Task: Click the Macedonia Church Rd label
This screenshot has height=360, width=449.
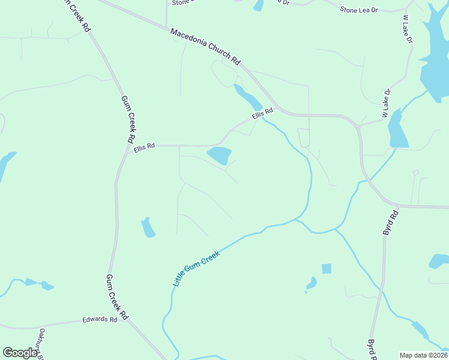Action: point(205,46)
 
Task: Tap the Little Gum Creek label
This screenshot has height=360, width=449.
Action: point(196,268)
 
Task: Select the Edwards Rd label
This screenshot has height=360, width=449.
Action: point(100,320)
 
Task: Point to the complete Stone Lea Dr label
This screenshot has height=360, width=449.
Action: point(359,10)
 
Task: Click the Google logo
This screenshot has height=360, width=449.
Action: point(20,353)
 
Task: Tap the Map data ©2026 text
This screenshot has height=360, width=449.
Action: point(423,355)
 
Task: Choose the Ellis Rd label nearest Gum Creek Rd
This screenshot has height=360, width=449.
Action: point(144,146)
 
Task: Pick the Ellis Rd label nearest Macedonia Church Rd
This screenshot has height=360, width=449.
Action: point(262,112)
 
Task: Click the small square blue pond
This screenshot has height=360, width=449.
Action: point(326,268)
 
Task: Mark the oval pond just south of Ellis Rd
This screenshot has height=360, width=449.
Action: point(219,155)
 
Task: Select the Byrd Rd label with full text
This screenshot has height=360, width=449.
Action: point(391,222)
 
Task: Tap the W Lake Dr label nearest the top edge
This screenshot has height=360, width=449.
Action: point(408,29)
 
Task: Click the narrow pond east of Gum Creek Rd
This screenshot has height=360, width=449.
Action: point(148,227)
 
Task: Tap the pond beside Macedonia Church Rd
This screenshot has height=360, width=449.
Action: point(247,97)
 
